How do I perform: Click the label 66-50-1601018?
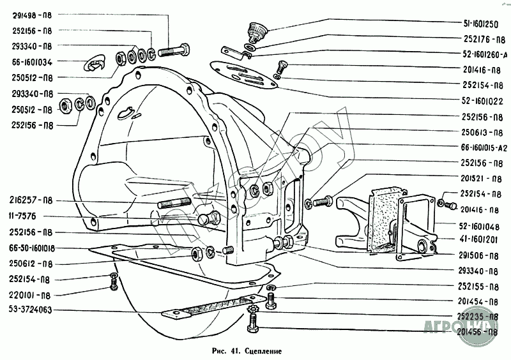tap(32, 248)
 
